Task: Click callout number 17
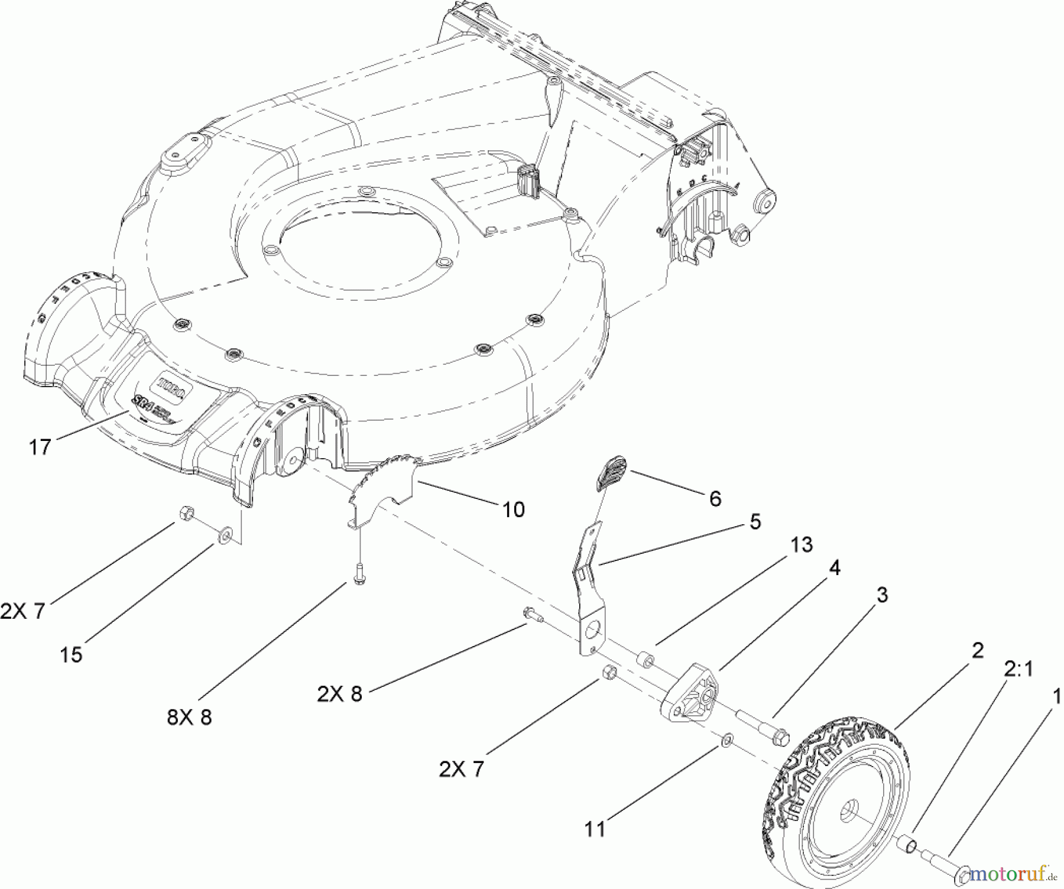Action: click(x=40, y=447)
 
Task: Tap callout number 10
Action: click(x=514, y=509)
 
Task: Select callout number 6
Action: click(x=715, y=498)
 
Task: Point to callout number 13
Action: click(x=802, y=544)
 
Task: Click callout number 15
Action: click(x=71, y=655)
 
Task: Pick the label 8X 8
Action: click(x=189, y=717)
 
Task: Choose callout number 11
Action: click(x=595, y=829)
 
